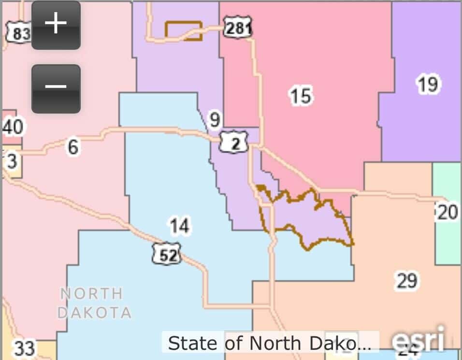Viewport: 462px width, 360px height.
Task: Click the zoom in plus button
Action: tap(56, 24)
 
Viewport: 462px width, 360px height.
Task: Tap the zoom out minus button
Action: tap(56, 87)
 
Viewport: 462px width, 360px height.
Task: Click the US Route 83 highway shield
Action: tap(19, 33)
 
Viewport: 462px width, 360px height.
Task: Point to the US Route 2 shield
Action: tap(234, 143)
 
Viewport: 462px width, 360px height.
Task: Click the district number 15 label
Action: tap(301, 96)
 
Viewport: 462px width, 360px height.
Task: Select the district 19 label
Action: tap(428, 84)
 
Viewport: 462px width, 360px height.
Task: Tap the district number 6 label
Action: tap(73, 146)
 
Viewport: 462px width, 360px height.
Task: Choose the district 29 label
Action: tap(406, 280)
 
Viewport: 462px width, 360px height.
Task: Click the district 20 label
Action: tap(447, 212)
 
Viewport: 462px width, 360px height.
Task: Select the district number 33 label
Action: tap(24, 348)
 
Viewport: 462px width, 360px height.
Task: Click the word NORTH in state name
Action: tap(91, 293)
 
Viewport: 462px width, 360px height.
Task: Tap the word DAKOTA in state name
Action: tap(94, 312)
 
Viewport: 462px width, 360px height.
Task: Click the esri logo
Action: tap(419, 341)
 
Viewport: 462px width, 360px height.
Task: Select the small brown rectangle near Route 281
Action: tap(183, 30)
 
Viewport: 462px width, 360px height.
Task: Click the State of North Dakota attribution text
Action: tap(269, 343)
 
